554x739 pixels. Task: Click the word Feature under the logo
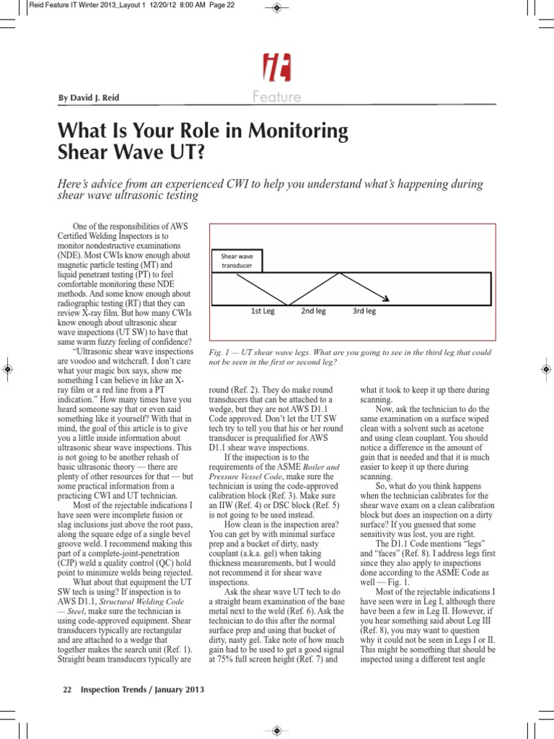click(x=276, y=97)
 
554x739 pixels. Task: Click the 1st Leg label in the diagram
click(x=263, y=312)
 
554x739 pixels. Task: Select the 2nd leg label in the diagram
click(x=313, y=312)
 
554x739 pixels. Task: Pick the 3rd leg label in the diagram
click(x=364, y=312)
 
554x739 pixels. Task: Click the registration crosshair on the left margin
click(x=7, y=369)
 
